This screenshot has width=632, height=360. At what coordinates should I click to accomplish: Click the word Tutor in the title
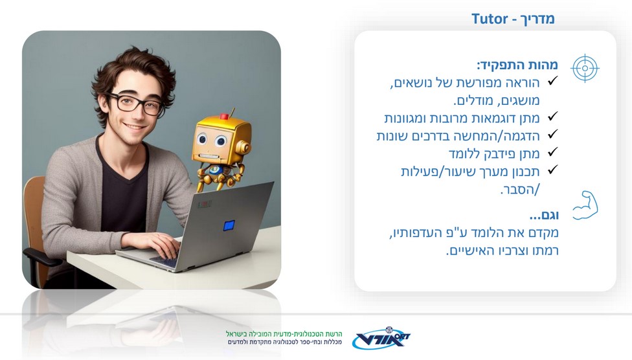(x=490, y=19)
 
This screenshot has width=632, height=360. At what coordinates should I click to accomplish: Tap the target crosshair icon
(x=585, y=68)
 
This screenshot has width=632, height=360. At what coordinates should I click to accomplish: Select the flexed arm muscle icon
(x=585, y=205)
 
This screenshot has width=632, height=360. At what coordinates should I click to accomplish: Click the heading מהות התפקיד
(x=517, y=65)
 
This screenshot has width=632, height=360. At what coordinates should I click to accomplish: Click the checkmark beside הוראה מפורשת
(x=552, y=80)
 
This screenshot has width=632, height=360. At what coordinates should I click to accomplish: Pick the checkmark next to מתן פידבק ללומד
(x=552, y=152)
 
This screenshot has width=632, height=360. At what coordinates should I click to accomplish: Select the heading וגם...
(x=544, y=215)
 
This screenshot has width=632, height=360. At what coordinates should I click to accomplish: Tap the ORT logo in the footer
(x=381, y=338)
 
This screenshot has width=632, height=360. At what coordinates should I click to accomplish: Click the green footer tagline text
(x=284, y=334)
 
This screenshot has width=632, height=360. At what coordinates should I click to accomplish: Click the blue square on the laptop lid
(x=229, y=225)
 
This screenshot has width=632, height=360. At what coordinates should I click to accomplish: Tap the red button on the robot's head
(x=224, y=117)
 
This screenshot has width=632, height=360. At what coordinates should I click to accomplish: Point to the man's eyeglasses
(x=135, y=104)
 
